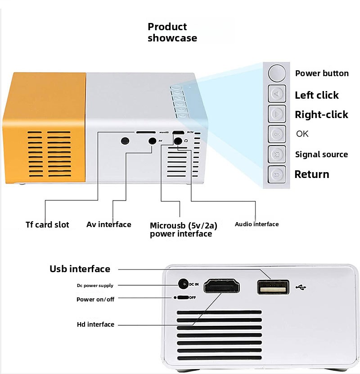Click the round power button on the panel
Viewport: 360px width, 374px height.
(x=277, y=73)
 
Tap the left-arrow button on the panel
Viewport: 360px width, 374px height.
(x=277, y=94)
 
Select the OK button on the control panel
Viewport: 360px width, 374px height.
(x=277, y=134)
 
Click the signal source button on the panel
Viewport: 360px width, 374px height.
(x=277, y=154)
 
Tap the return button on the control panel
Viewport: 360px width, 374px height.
(x=277, y=174)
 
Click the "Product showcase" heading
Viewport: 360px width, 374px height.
(x=172, y=32)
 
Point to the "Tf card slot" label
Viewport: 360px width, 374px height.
(x=47, y=224)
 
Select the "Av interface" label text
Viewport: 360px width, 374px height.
(x=109, y=224)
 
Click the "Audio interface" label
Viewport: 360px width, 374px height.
(x=256, y=224)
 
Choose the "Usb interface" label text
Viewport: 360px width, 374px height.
(x=80, y=269)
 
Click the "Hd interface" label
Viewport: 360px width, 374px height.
(x=95, y=324)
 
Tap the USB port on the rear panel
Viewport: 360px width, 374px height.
(x=273, y=287)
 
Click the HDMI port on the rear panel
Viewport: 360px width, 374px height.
(x=222, y=287)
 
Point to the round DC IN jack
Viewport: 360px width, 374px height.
(x=183, y=284)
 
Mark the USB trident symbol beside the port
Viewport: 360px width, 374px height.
(x=301, y=287)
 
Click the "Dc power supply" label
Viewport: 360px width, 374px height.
(x=94, y=285)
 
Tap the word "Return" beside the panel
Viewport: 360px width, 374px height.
(x=312, y=174)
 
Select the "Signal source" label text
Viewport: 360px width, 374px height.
(x=321, y=155)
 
